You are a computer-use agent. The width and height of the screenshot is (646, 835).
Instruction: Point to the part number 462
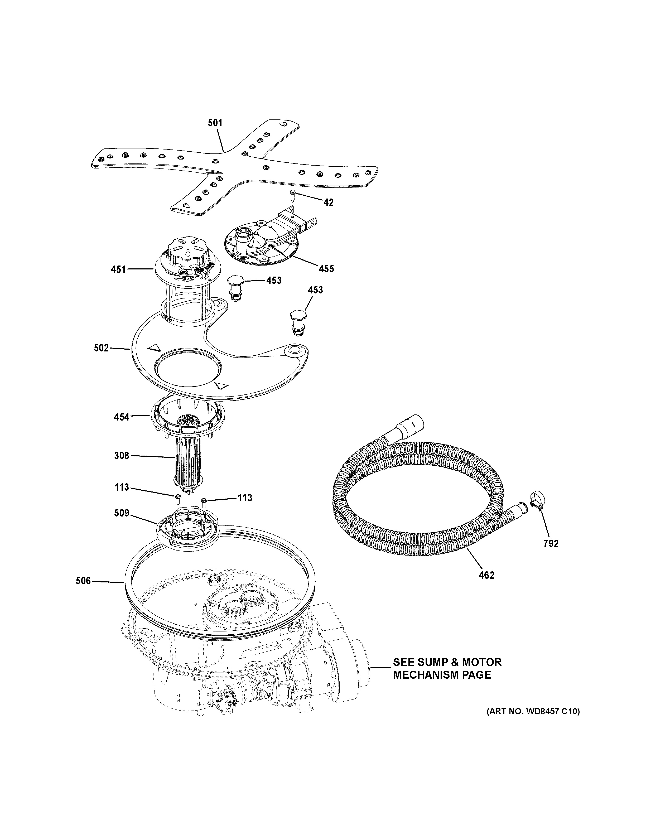click(486, 586)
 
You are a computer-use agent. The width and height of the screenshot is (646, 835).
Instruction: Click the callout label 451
click(118, 269)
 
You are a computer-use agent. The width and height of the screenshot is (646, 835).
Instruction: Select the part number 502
click(101, 348)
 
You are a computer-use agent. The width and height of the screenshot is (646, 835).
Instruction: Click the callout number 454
click(122, 417)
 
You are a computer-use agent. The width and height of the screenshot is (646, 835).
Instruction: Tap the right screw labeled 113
click(204, 500)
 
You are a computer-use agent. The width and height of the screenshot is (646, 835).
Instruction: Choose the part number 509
click(122, 513)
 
